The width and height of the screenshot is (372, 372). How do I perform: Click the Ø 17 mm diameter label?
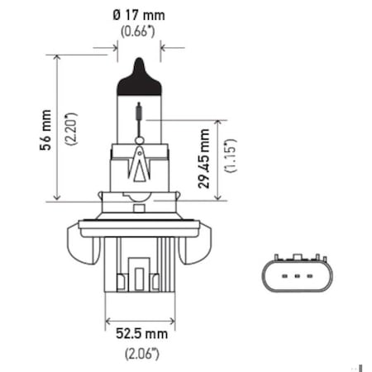(x=138, y=15)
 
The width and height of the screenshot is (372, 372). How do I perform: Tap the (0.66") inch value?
(x=138, y=31)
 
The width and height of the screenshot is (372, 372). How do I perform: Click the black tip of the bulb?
(x=138, y=79)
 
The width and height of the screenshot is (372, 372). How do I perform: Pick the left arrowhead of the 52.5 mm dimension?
(x=109, y=318)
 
